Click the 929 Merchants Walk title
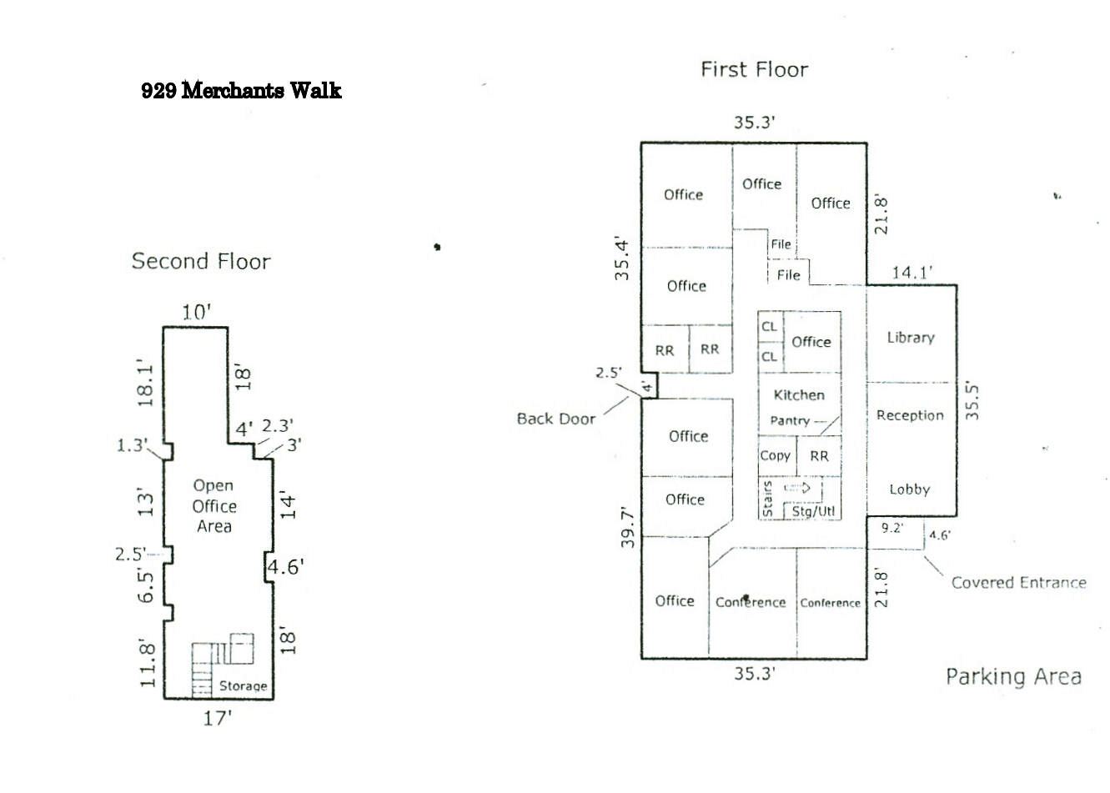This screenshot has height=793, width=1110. point(241,90)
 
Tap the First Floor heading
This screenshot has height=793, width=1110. point(754,69)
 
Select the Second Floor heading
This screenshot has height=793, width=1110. point(201,261)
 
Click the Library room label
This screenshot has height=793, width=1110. point(910,338)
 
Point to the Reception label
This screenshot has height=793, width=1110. point(910,415)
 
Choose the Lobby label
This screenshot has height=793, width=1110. point(909,489)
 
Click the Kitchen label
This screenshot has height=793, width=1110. point(799,395)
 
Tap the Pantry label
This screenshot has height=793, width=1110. point(789,421)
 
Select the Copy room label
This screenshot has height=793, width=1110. point(775,456)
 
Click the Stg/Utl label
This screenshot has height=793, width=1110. point(813,511)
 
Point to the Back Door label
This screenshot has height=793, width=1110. point(555,419)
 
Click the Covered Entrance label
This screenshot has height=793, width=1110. point(1018,583)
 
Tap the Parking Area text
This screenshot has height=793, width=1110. point(1013,676)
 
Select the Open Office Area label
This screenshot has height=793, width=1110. point(214,506)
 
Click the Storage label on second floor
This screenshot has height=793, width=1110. point(243,686)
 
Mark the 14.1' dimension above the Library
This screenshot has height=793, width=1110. point(912,273)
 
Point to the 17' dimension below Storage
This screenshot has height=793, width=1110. point(217,717)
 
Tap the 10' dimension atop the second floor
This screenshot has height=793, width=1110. point(197,313)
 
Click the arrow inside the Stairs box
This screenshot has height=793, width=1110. point(800,487)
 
